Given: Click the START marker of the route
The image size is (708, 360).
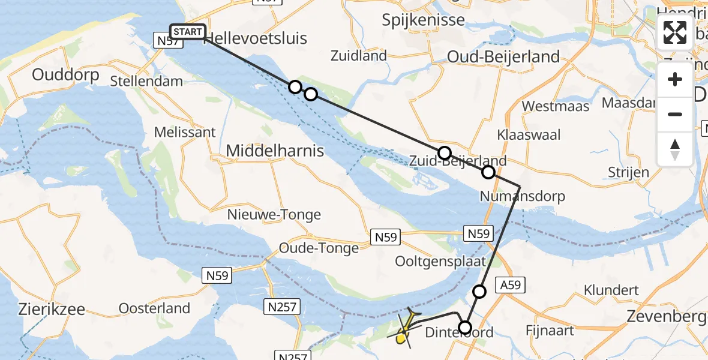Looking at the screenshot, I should coord(188,32).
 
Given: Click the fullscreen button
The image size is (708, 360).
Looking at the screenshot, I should coord(675,32).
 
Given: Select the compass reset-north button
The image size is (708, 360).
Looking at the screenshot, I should coord(675,149).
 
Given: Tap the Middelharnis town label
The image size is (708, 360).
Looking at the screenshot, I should coord(275,151).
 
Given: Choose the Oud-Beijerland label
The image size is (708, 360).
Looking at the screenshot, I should coord(503,57).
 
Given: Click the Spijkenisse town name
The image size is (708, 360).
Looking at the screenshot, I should coord(424,20).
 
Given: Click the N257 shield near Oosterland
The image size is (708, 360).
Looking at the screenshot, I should coord(281,307).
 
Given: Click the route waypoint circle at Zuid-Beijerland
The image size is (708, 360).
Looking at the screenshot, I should coord(444,153).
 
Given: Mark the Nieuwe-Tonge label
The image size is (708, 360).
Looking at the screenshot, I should coord(274,214).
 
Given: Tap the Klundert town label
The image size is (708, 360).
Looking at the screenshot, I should coord(611,290).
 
